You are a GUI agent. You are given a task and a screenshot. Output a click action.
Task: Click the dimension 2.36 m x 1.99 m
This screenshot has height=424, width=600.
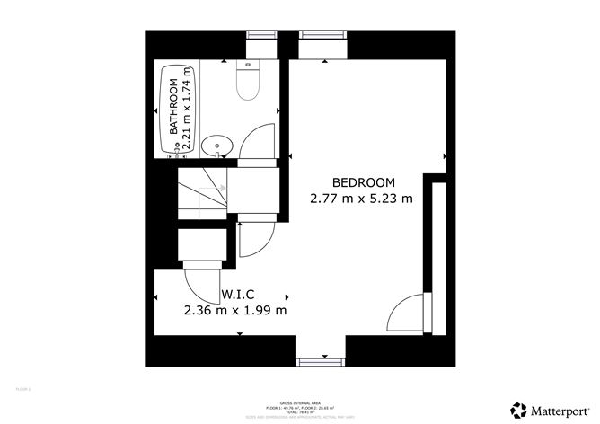coord(234,311)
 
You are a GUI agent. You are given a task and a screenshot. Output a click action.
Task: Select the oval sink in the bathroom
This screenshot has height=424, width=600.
coord(216,146)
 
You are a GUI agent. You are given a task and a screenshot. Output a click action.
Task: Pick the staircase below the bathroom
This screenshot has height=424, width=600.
coord(200,190)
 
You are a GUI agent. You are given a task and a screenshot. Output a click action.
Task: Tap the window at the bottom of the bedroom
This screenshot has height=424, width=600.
coord(321,362)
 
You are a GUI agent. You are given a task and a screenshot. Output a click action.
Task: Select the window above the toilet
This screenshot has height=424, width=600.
coord(262,35)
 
